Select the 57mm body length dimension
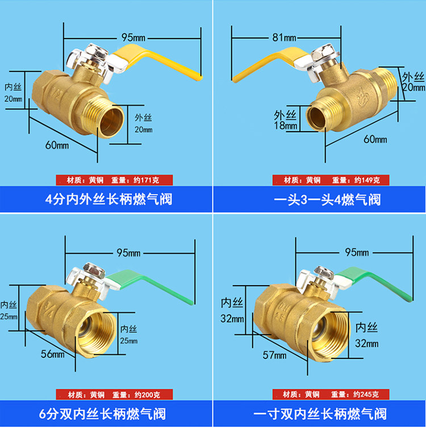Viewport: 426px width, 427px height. click(274, 355)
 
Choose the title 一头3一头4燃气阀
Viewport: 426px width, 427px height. click(319, 200)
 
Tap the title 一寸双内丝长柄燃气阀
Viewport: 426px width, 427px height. click(319, 413)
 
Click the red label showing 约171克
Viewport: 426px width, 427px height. click(106, 180)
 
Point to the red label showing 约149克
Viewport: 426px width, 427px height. click(319, 180)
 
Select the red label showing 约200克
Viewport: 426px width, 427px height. click(106, 395)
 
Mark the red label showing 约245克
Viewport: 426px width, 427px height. click(319, 395)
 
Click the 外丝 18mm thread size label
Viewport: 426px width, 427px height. click(285, 119)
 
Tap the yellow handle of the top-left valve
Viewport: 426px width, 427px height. click(159, 63)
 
